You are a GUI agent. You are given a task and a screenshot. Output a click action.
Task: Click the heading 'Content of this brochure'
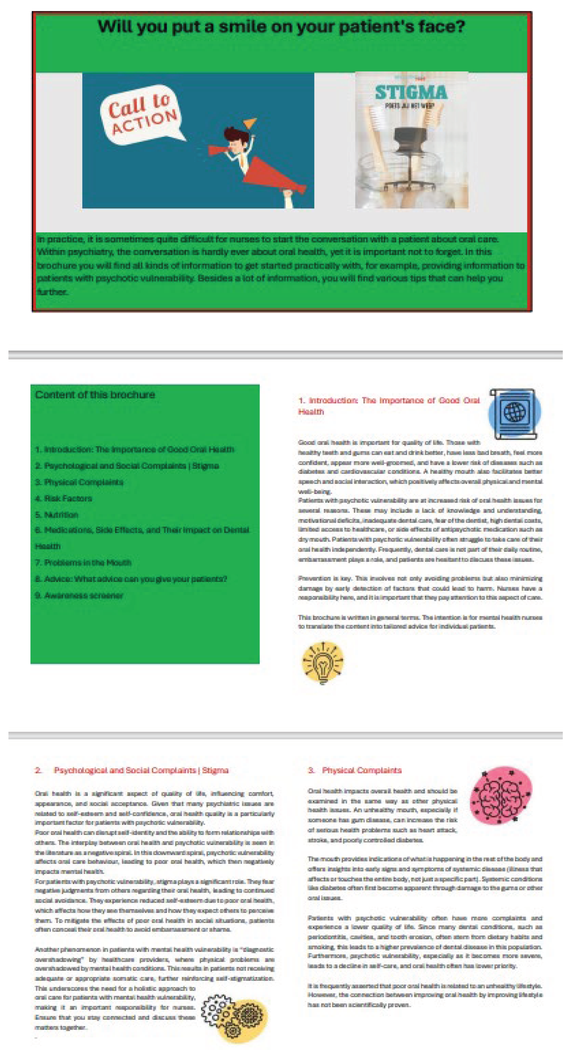tap(95, 394)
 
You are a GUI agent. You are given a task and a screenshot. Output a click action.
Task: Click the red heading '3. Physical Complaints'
tap(355, 770)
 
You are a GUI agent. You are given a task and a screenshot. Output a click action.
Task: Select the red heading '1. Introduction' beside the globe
tap(389, 406)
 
